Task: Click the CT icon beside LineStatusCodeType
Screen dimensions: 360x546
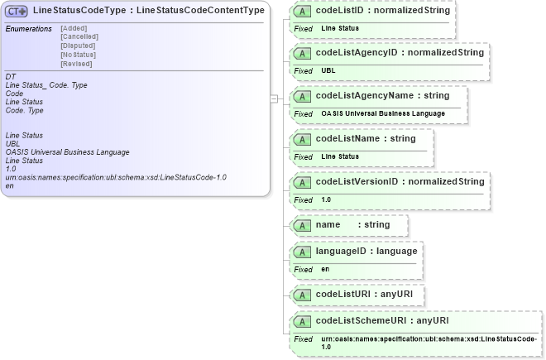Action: (x=17, y=11)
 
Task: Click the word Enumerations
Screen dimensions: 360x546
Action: (x=29, y=29)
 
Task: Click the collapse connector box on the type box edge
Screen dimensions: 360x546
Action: (x=275, y=98)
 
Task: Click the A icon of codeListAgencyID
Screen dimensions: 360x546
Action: (x=303, y=53)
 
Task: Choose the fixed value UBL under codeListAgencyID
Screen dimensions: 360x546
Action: (x=328, y=70)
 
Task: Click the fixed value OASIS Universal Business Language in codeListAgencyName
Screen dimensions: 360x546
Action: (x=383, y=113)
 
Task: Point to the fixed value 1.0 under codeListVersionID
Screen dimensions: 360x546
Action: (x=326, y=199)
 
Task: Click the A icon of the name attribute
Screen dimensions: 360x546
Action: (x=303, y=225)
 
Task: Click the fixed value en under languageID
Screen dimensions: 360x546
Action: (x=324, y=269)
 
